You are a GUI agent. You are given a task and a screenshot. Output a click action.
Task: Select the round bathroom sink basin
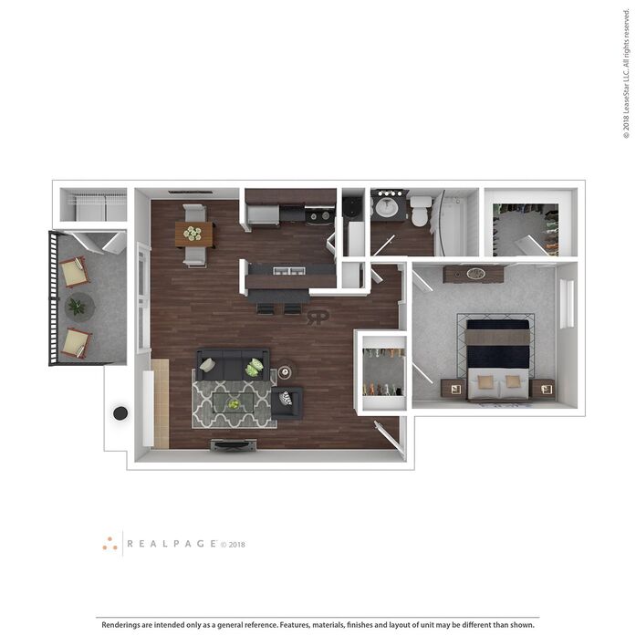[386, 207]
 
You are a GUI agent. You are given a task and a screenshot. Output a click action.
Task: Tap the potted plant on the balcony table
[77, 307]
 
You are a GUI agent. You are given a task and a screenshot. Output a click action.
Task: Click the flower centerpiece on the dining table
[193, 234]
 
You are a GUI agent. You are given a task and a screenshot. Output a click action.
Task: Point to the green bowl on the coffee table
[234, 404]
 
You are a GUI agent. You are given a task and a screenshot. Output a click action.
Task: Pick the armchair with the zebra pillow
[287, 402]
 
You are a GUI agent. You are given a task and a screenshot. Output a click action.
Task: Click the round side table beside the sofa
[285, 371]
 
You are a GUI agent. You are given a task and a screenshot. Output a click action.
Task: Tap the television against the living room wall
[234, 445]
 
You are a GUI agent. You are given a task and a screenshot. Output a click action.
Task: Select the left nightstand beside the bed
[454, 389]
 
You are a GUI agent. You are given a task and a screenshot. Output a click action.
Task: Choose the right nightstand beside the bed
[543, 389]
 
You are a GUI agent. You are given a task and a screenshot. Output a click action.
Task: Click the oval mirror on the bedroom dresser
[475, 274]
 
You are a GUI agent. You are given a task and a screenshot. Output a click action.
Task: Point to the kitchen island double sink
[288, 270]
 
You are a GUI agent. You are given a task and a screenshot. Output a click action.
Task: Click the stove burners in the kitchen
[319, 215]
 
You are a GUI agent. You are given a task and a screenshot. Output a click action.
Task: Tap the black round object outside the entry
[120, 413]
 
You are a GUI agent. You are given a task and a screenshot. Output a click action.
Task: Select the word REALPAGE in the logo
[172, 544]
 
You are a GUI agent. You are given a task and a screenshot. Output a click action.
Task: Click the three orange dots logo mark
[109, 544]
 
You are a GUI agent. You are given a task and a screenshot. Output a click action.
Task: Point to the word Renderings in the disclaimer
[120, 625]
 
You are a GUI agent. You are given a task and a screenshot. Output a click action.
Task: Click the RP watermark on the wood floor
[318, 318]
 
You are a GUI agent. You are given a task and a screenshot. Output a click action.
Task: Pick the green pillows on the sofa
[255, 367]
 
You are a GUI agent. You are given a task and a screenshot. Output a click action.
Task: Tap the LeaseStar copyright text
[627, 73]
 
